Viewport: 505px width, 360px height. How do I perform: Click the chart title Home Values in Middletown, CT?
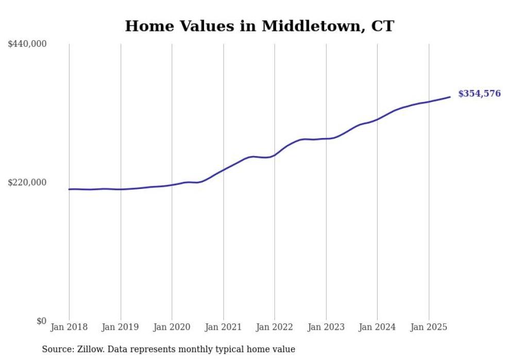(x=259, y=26)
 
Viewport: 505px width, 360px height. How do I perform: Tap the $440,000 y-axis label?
(x=27, y=44)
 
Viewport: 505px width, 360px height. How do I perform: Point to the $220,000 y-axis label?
(x=27, y=182)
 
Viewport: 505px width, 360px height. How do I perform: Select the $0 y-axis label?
(x=41, y=321)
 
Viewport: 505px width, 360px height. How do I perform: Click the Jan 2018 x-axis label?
(x=69, y=327)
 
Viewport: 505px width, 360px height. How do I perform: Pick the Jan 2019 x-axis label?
(x=121, y=327)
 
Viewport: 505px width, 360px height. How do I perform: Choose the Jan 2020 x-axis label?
(x=172, y=327)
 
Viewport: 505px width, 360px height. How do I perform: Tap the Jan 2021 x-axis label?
(x=223, y=327)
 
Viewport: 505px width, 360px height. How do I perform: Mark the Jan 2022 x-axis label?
(x=275, y=327)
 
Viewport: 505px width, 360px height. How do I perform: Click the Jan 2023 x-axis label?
(x=326, y=327)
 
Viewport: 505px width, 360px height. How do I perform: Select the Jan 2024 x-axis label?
(x=377, y=327)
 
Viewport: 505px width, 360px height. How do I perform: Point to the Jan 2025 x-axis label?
(x=429, y=327)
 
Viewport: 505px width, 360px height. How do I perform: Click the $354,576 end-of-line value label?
(x=479, y=94)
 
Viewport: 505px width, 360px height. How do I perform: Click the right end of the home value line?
(x=450, y=97)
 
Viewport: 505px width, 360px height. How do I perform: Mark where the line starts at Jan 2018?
(x=69, y=189)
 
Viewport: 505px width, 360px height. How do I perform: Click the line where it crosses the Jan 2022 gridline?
(x=275, y=155)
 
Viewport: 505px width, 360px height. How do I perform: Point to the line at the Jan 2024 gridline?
(x=377, y=119)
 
